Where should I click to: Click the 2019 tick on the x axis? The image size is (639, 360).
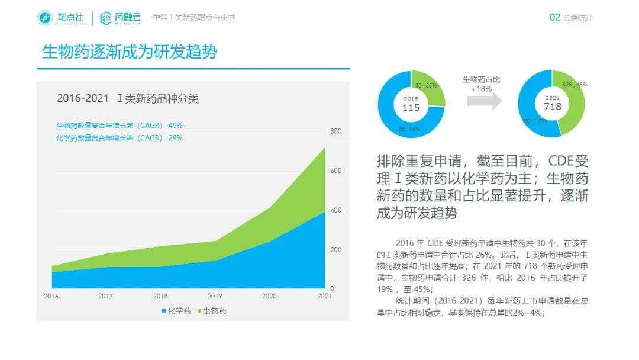click(x=215, y=296)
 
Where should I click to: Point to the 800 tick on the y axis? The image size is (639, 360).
click(x=335, y=131)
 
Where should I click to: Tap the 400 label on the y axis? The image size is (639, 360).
click(x=335, y=210)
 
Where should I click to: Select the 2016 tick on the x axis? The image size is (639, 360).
click(x=51, y=296)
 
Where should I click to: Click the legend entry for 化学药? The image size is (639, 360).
click(x=176, y=311)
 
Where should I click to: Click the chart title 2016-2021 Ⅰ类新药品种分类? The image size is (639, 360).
click(x=127, y=99)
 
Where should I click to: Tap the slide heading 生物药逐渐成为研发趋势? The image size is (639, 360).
click(x=130, y=52)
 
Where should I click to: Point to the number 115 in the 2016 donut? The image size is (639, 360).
click(x=411, y=108)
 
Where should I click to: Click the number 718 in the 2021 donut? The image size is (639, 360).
click(x=552, y=107)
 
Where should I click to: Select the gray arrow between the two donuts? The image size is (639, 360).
click(x=483, y=101)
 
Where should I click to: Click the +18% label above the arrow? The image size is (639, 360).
click(x=481, y=89)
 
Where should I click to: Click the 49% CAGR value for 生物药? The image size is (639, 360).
click(x=176, y=126)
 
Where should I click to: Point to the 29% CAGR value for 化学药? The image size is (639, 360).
click(x=176, y=138)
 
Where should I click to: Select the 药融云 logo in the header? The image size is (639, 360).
click(x=121, y=18)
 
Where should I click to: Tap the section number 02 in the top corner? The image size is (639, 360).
click(x=554, y=18)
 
